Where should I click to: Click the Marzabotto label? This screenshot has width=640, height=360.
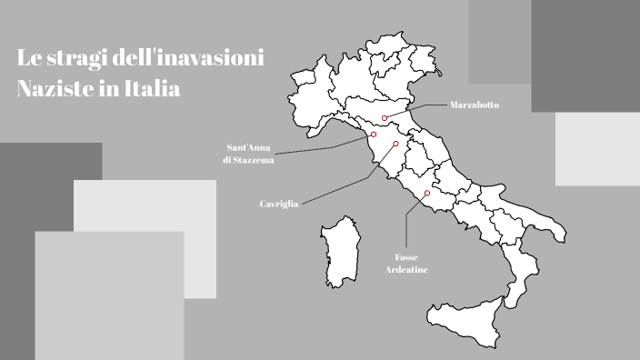pos(474,105)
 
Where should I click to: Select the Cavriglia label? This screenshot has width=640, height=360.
pos(279,205)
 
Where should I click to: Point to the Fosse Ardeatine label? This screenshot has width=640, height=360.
pos(406,264)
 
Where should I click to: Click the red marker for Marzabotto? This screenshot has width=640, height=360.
pos(385,118)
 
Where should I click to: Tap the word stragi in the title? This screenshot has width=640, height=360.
pos(75,59)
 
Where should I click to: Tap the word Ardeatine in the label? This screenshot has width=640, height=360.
pos(406,270)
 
